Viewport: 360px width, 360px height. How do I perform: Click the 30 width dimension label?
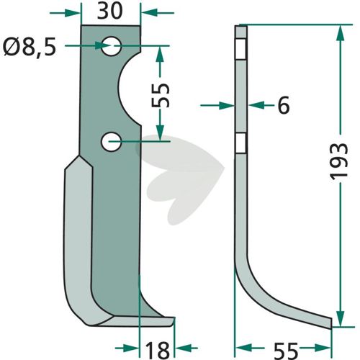click(110, 12)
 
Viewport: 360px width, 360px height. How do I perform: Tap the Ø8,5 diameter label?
click(30, 47)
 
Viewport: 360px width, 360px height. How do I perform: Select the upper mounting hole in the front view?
click(111, 46)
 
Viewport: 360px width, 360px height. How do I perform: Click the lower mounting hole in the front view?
click(111, 142)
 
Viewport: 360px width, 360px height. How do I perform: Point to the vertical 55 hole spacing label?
click(161, 95)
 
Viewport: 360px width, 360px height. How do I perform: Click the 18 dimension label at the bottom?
click(158, 350)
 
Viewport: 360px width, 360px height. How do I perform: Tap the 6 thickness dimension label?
click(284, 105)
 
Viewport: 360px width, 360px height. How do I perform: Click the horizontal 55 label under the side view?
click(286, 350)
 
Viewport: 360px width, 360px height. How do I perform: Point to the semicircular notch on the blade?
click(127, 88)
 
